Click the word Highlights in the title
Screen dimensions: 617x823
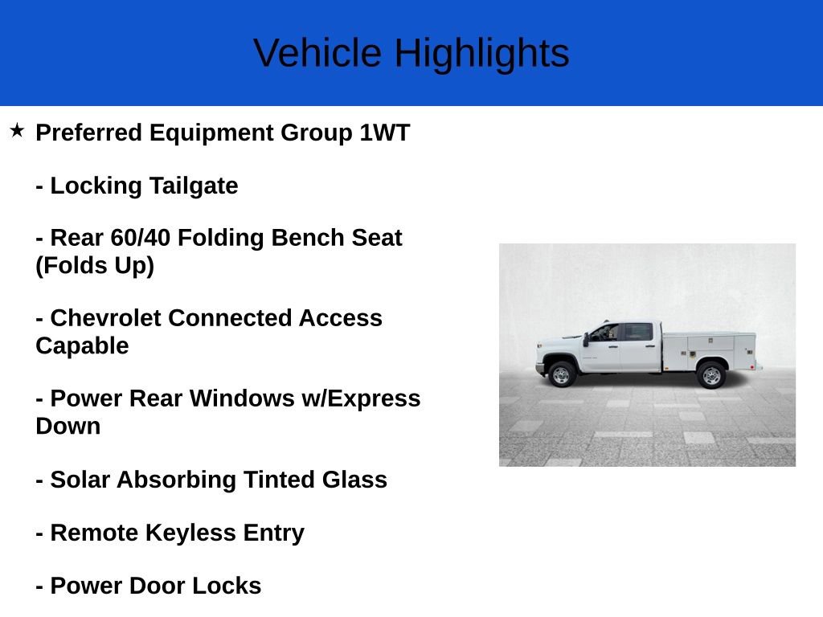(481, 53)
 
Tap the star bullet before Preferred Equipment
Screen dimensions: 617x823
(17, 130)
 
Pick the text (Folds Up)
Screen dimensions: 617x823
(94, 265)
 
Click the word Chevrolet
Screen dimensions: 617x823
(106, 318)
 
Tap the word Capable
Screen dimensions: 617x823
(82, 345)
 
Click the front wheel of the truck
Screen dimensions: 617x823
(561, 374)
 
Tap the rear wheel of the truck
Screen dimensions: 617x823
(711, 374)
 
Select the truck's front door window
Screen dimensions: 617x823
(604, 333)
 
